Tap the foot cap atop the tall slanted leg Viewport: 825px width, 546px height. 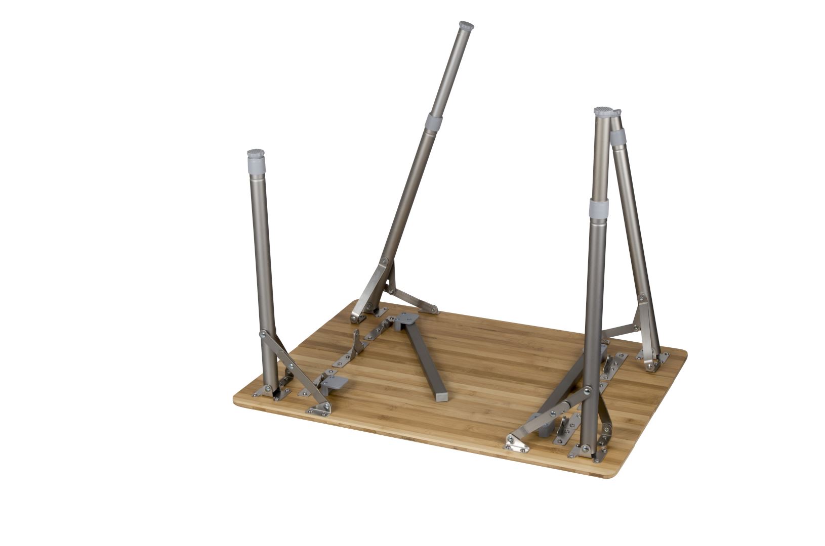tap(466, 26)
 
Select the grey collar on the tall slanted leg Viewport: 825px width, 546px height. tap(433, 121)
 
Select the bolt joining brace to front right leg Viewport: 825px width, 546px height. tap(587, 391)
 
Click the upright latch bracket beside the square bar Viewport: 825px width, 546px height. tap(357, 343)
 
